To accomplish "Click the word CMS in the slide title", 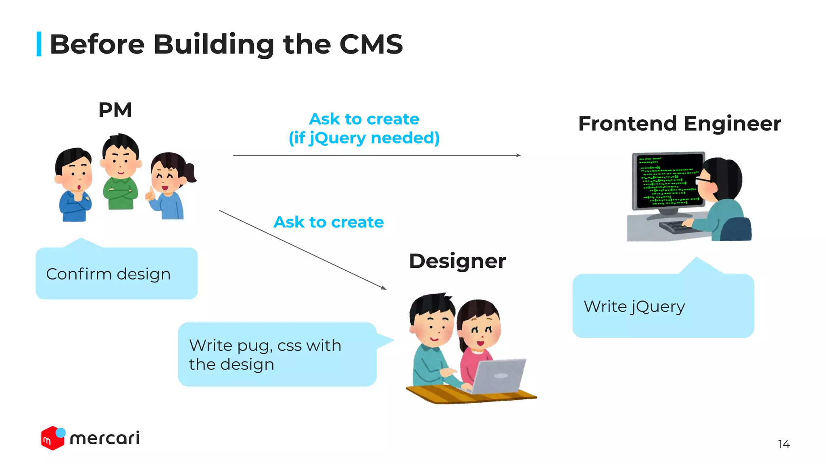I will pyautogui.click(x=371, y=44).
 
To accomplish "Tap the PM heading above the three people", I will pyautogui.click(x=115, y=110).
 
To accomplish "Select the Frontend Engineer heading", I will pyautogui.click(x=679, y=124).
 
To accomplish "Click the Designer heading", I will pyautogui.click(x=457, y=261).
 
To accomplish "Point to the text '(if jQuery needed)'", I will pyautogui.click(x=364, y=138).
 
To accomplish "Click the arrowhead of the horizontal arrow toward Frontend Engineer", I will pyautogui.click(x=519, y=155).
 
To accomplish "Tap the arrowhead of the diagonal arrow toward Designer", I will pyautogui.click(x=384, y=288).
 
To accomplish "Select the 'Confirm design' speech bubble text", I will pyautogui.click(x=108, y=274).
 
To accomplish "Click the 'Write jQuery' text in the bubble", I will pyautogui.click(x=634, y=307).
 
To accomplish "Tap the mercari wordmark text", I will pyautogui.click(x=105, y=438).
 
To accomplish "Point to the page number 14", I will pyautogui.click(x=783, y=444).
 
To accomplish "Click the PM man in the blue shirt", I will pyautogui.click(x=74, y=185).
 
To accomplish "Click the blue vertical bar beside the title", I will pyautogui.click(x=39, y=44).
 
